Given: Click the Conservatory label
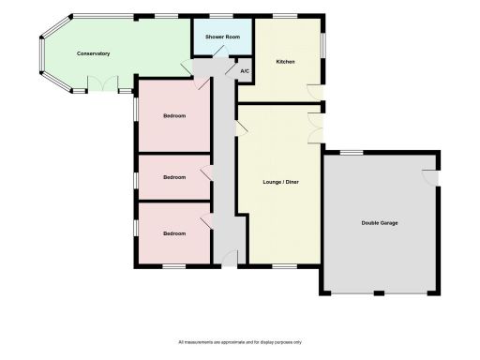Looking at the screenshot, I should click(x=93, y=53).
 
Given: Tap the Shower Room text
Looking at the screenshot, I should click(x=223, y=37).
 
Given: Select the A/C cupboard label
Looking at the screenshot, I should click(x=245, y=71).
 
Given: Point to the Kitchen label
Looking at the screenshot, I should click(x=285, y=62).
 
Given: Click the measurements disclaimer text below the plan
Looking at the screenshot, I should click(x=240, y=342).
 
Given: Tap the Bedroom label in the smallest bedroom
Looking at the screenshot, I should click(x=174, y=176).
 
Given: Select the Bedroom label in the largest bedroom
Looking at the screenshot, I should click(x=174, y=116).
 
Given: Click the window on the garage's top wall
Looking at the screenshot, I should click(x=352, y=153).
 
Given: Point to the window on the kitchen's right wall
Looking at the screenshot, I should click(x=324, y=46).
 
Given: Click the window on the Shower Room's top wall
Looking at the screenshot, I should click(x=222, y=16).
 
